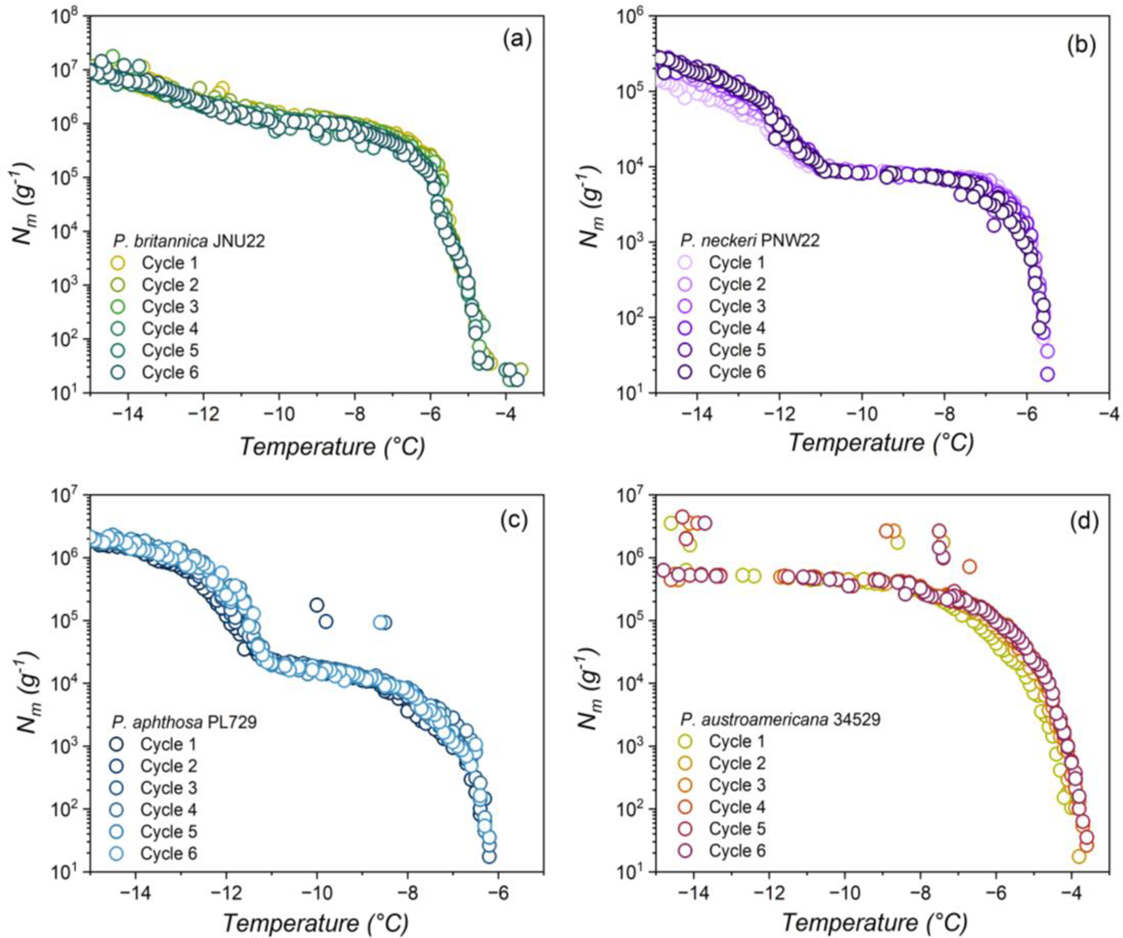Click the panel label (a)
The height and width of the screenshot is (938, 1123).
point(517,40)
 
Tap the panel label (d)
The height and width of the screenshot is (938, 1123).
point(1083,521)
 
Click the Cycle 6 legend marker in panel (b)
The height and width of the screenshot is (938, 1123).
point(685,372)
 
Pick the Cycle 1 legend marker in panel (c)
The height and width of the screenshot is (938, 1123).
point(116,744)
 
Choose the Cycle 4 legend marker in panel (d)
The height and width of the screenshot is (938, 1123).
point(685,807)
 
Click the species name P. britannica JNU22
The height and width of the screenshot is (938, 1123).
point(189,241)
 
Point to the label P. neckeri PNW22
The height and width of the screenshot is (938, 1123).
point(750,241)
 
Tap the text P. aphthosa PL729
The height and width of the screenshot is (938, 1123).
point(184,722)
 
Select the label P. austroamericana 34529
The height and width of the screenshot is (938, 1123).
point(780,720)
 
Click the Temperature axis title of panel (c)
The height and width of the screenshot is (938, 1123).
point(315,922)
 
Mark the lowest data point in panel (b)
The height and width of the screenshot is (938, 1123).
point(1047,374)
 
